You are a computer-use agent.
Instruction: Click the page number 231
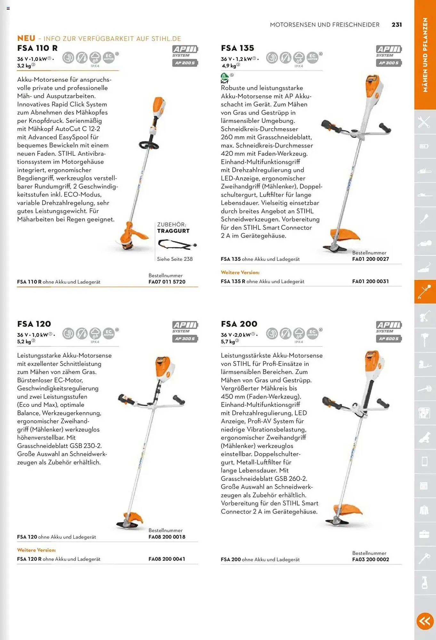point(397,25)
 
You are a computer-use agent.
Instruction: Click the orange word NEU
point(26,38)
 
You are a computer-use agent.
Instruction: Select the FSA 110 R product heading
point(37,48)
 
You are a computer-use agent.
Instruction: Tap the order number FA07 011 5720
point(167,282)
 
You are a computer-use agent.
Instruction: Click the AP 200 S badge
point(185,63)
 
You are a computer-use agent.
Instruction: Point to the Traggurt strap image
point(177,245)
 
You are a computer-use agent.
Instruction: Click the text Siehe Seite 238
point(175,259)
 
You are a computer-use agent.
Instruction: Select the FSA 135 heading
point(237,48)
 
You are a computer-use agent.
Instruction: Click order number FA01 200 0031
point(370,281)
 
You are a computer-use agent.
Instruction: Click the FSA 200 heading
point(239,324)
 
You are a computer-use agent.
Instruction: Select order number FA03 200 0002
point(370,559)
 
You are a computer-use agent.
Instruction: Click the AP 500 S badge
point(389,339)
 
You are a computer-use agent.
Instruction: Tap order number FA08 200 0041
point(167,559)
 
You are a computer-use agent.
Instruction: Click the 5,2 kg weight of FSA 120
point(24,342)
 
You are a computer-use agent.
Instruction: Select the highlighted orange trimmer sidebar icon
point(425,292)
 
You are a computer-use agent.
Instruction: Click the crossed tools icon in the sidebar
point(424,122)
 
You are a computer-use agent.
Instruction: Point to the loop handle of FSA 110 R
point(149,145)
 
